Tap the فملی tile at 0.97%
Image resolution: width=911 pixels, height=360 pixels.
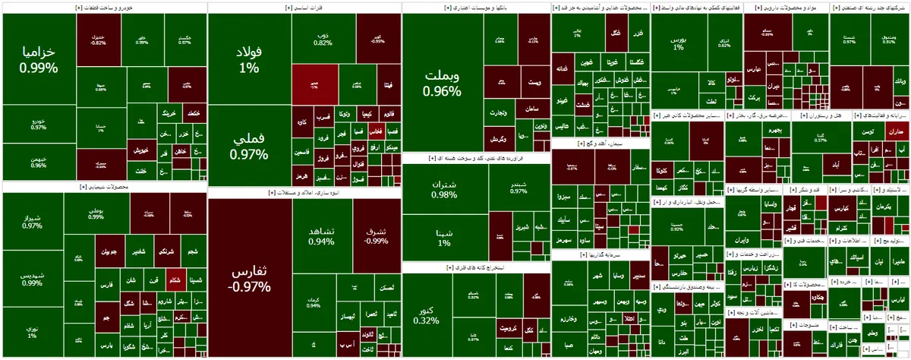[249, 147]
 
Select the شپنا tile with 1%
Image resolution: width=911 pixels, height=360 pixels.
[444, 238]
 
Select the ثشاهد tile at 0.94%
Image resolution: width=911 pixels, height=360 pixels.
[321, 235]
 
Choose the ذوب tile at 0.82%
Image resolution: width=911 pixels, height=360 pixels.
[323, 38]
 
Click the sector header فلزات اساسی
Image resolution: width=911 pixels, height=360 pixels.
[304, 8]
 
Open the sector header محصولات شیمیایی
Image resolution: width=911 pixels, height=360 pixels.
[103, 186]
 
